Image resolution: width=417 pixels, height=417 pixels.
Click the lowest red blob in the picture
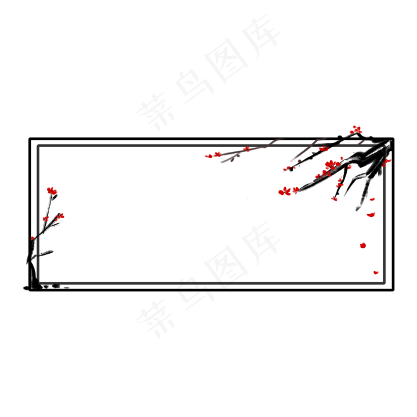[376, 272]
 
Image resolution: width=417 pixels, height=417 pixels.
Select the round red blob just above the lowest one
[363, 245]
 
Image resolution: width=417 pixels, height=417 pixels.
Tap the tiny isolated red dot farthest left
[33, 238]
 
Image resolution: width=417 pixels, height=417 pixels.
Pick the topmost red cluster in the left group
[52, 191]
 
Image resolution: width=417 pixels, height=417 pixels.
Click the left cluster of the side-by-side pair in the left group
[46, 219]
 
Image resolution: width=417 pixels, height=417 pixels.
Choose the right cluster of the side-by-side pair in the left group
[60, 217]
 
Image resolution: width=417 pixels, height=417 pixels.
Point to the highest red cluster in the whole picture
[356, 129]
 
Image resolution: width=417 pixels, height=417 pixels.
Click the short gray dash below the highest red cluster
[361, 142]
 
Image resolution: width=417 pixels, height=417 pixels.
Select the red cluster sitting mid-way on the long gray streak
[246, 149]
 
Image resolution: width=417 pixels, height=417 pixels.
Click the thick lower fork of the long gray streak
[229, 159]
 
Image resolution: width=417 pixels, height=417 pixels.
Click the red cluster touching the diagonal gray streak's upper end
[323, 148]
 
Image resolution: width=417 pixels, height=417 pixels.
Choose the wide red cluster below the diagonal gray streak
[288, 191]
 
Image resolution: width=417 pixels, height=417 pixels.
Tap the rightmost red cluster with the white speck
[387, 161]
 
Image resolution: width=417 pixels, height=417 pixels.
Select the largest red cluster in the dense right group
[331, 164]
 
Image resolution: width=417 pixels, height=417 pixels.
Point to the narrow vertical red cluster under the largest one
[340, 182]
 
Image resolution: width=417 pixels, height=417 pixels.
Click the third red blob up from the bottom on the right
[371, 214]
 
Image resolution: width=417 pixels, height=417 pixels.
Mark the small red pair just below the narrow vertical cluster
[334, 198]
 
